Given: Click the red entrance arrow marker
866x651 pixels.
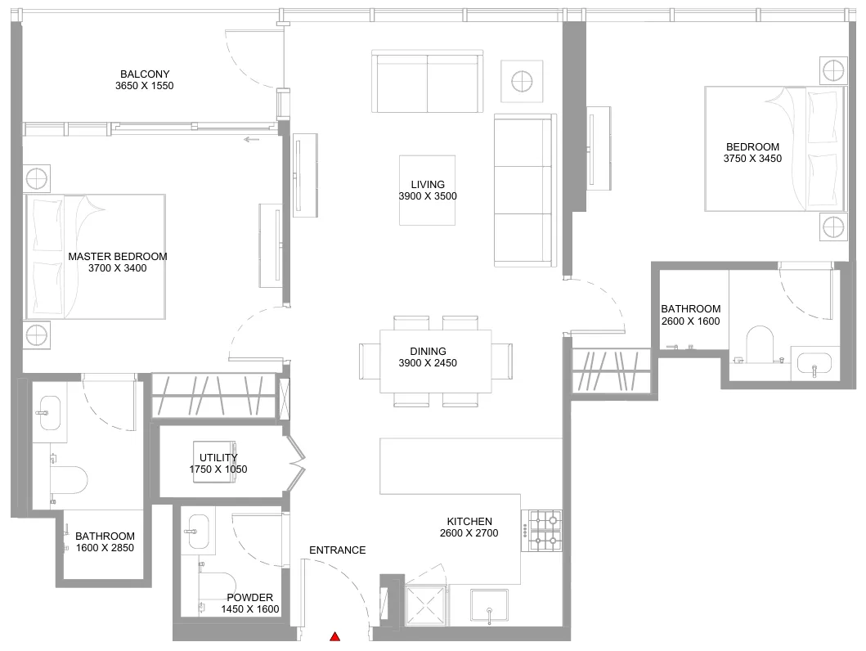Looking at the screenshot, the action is click(334, 636).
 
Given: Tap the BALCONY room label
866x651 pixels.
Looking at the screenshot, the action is click(145, 74).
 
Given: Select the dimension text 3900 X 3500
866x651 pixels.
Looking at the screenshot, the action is click(428, 196).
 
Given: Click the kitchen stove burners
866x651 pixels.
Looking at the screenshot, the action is click(545, 531).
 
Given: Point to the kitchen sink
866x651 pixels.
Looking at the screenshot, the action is click(489, 605).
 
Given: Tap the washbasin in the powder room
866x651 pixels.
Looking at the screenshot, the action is click(198, 532).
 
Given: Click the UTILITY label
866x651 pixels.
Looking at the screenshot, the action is click(218, 458).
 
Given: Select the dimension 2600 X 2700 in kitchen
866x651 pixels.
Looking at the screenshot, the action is click(469, 533).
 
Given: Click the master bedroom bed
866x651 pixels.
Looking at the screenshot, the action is click(95, 257).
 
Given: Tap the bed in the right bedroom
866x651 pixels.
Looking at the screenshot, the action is click(775, 149).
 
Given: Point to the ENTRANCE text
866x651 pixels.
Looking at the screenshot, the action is click(338, 550).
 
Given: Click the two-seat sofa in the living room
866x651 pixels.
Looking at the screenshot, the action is click(428, 81).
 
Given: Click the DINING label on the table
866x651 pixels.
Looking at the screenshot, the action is click(428, 351).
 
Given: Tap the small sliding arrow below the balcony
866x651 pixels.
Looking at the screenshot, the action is click(251, 139).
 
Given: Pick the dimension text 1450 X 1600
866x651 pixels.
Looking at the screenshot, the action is click(250, 609).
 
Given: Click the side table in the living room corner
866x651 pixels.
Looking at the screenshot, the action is click(522, 82).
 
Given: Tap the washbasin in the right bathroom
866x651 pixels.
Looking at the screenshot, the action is click(814, 363).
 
